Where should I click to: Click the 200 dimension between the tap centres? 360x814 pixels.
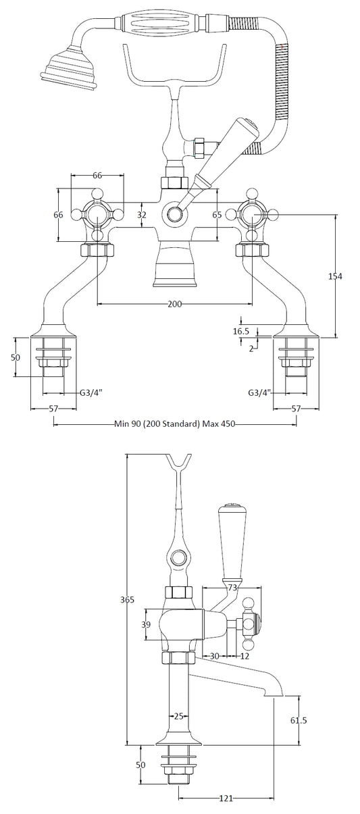(x=174, y=305)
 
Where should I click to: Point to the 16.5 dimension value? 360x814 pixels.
(x=240, y=331)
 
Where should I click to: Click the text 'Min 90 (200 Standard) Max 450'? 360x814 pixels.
(x=174, y=424)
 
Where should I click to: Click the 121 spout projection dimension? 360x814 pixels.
(x=226, y=798)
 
